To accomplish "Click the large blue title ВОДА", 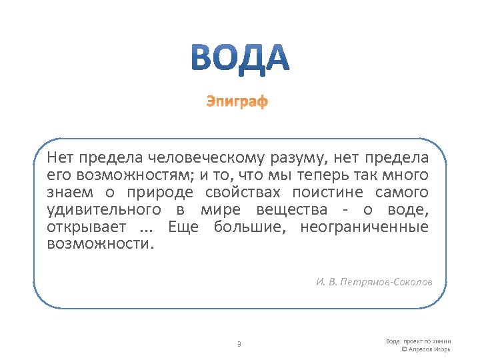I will coord(239,57).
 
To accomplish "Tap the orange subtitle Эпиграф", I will coord(237,102).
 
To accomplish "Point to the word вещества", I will coord(289,210).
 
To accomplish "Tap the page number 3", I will coord(239,344).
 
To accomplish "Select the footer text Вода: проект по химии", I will coord(418,341).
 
